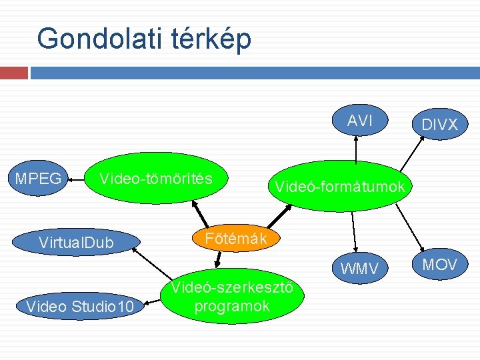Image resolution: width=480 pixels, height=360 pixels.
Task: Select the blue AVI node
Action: pyautogui.click(x=359, y=121)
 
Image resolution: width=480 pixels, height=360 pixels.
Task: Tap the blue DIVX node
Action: pyautogui.click(x=439, y=124)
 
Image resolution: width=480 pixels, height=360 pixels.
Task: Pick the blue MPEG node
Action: pyautogui.click(x=37, y=179)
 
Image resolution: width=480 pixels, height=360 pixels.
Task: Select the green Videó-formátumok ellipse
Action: pyautogui.click(x=339, y=186)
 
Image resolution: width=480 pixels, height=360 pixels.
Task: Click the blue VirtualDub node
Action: pyautogui.click(x=76, y=241)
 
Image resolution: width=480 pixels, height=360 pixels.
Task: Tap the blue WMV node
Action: pyautogui.click(x=359, y=269)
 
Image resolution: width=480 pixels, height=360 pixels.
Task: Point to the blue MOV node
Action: pyautogui.click(x=440, y=265)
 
